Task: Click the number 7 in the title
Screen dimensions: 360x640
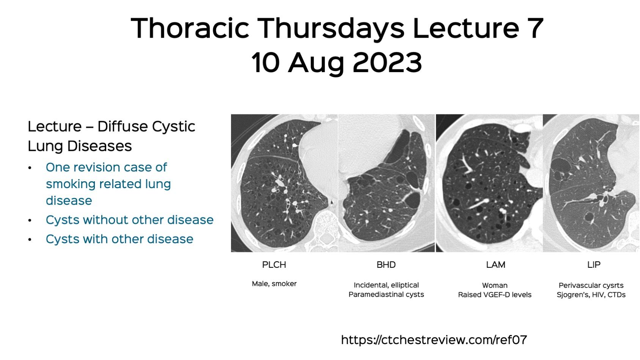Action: pos(535,28)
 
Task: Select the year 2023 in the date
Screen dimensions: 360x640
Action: pos(387,63)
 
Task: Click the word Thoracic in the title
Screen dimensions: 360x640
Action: pos(190,28)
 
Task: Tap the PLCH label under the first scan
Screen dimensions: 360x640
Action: pos(274,265)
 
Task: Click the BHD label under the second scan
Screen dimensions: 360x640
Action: pos(386,265)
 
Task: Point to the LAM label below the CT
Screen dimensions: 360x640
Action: pos(495,265)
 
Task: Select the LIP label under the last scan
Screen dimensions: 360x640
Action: pos(593,265)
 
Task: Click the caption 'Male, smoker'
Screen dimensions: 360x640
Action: pos(274,284)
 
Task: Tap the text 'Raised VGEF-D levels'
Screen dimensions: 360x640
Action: pos(495,295)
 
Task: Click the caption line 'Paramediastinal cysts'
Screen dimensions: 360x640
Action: pos(386,295)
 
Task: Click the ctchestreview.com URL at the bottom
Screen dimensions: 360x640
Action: pos(434,340)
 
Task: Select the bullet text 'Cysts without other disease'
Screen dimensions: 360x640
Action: pos(129,220)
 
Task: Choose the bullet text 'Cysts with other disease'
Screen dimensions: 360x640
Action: pos(120,239)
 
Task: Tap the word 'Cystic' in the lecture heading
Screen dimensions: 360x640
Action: pos(175,127)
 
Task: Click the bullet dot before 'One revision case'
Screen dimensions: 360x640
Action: pos(30,168)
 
